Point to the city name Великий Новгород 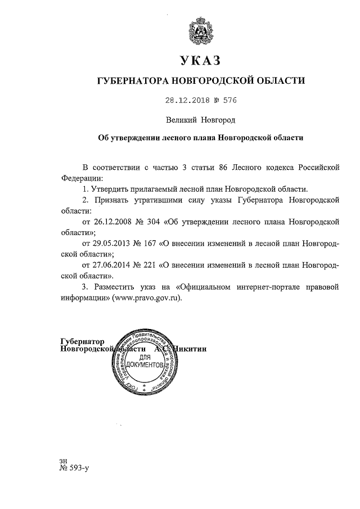point(200,120)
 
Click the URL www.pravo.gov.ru point(148,298)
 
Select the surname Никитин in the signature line point(191,349)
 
